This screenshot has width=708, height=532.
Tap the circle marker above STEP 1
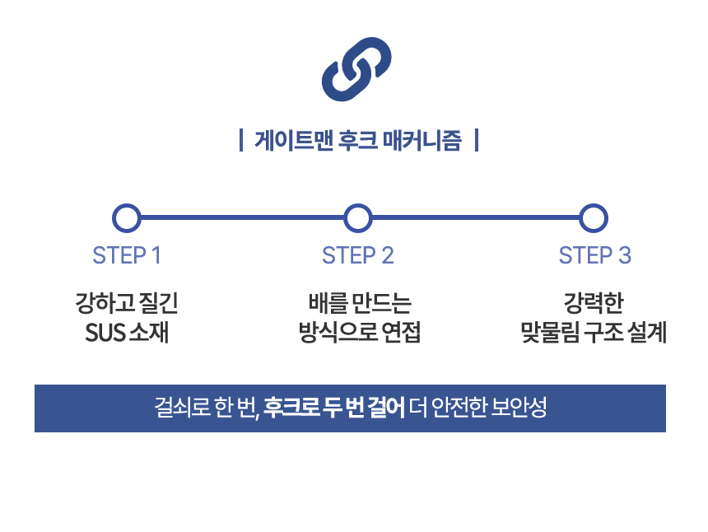click(126, 218)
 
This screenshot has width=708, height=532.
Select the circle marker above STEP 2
click(357, 218)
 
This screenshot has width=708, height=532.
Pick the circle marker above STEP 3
click(593, 218)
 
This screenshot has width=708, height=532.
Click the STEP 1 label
click(126, 255)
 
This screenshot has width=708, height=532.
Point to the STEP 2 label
click(357, 255)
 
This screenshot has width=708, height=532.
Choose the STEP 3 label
click(594, 255)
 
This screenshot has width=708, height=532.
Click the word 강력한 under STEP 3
click(594, 303)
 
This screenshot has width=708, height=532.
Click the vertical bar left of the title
click(240, 141)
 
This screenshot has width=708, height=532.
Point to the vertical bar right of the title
click(477, 141)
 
